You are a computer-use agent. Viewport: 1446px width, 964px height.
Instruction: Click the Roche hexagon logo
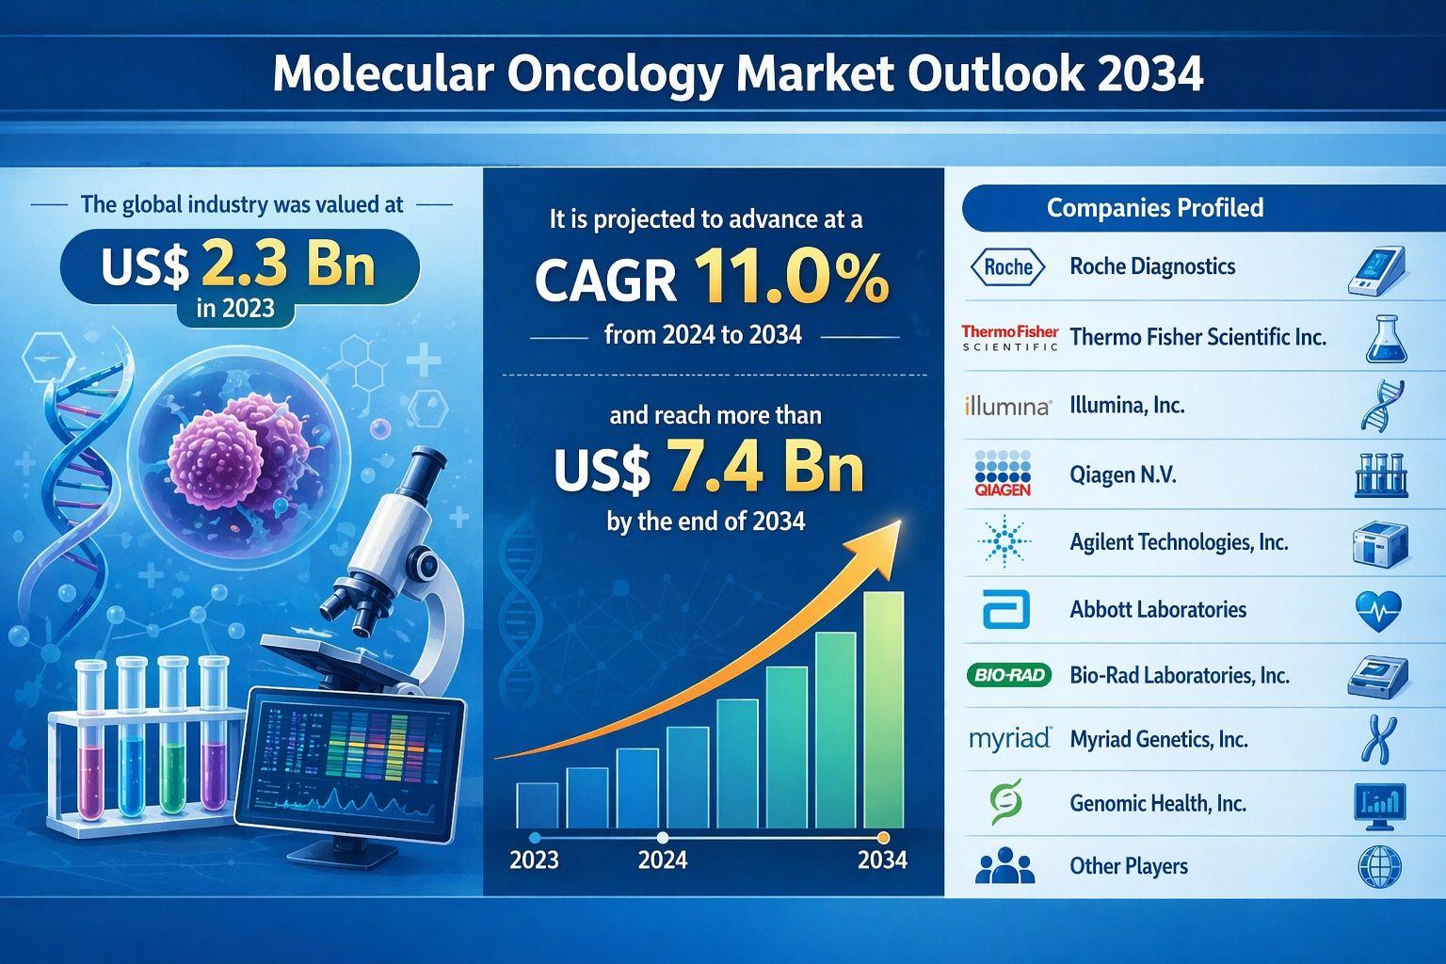[x=1007, y=267]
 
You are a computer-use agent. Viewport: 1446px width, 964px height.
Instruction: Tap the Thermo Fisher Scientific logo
[x=1009, y=338]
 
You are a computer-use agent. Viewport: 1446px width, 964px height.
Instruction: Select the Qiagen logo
[x=1003, y=474]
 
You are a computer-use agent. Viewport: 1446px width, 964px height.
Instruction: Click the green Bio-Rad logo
[x=1008, y=675]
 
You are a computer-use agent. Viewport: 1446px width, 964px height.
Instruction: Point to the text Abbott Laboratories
[x=1158, y=610]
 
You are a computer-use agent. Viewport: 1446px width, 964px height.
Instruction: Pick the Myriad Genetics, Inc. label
[x=1159, y=740]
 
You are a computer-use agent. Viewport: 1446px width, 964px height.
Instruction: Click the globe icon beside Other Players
[x=1379, y=866]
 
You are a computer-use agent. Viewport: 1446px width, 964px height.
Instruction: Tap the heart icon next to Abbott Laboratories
[x=1379, y=611]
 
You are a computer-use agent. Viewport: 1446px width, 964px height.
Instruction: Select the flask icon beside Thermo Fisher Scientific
[x=1386, y=339]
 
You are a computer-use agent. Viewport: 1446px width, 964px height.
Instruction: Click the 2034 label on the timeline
[x=883, y=860]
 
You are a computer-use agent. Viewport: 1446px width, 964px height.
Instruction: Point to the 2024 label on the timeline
[x=663, y=860]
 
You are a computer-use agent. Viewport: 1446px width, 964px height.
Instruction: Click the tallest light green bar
[x=883, y=710]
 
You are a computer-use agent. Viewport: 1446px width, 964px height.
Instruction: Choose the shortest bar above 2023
[x=538, y=805]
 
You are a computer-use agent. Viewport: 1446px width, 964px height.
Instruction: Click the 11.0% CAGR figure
[x=791, y=279]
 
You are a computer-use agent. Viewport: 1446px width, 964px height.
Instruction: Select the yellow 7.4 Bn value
[x=763, y=471]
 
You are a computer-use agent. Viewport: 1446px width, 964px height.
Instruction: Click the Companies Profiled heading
[x=1154, y=208]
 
